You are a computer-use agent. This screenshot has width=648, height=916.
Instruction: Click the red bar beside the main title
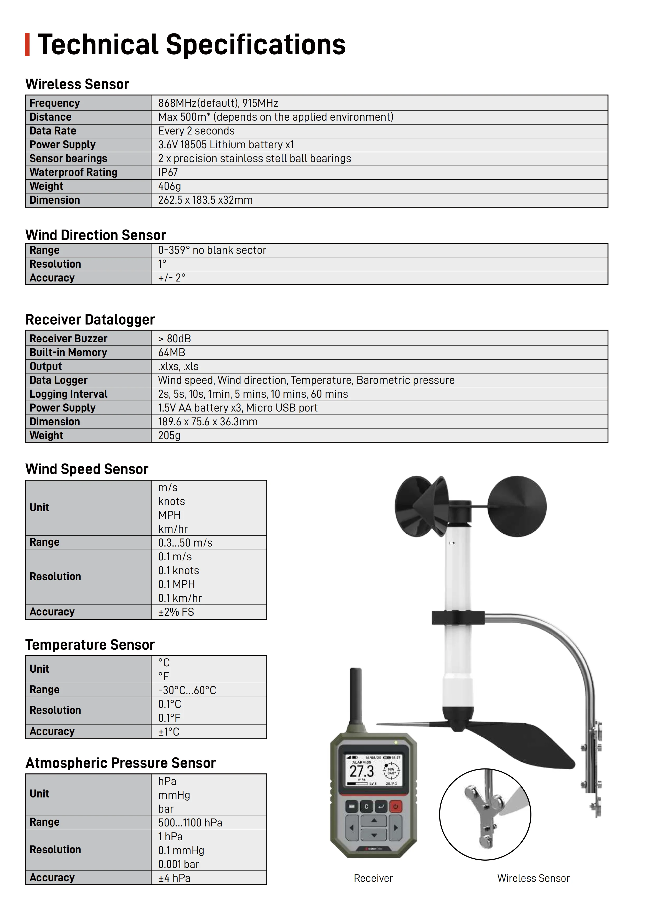click(27, 44)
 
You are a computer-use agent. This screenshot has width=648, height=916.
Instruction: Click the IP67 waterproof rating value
click(168, 172)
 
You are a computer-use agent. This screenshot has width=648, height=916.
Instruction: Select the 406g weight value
click(169, 186)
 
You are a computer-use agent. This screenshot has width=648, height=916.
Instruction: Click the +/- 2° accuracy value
click(172, 278)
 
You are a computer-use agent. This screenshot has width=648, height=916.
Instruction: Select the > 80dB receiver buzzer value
click(175, 339)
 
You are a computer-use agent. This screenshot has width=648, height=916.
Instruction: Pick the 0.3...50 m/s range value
click(185, 543)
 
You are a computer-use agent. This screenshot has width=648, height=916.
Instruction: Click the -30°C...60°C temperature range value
click(187, 690)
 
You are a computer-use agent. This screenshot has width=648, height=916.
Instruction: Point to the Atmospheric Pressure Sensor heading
click(120, 763)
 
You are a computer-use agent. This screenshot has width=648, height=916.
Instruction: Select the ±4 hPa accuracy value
click(174, 878)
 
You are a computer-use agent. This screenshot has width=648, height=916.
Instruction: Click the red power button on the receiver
click(395, 807)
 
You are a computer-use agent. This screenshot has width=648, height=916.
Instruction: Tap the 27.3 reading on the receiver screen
click(362, 771)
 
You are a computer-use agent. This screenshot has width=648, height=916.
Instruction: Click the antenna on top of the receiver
click(355, 696)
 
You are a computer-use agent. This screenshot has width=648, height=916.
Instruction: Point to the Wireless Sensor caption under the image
click(533, 878)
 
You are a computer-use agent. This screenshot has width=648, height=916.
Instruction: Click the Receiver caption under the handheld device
click(373, 878)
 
